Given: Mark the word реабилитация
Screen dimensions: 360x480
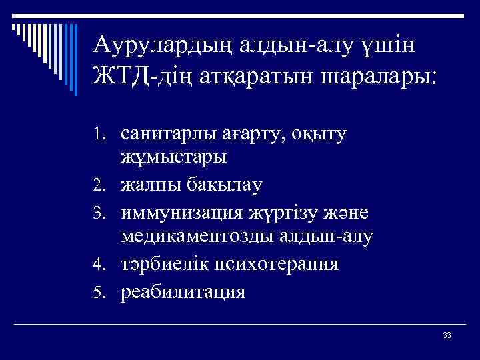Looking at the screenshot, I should (x=183, y=292).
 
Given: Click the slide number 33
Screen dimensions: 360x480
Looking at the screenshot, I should (x=447, y=334).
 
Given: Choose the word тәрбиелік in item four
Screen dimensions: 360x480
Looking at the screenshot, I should (x=162, y=264).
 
